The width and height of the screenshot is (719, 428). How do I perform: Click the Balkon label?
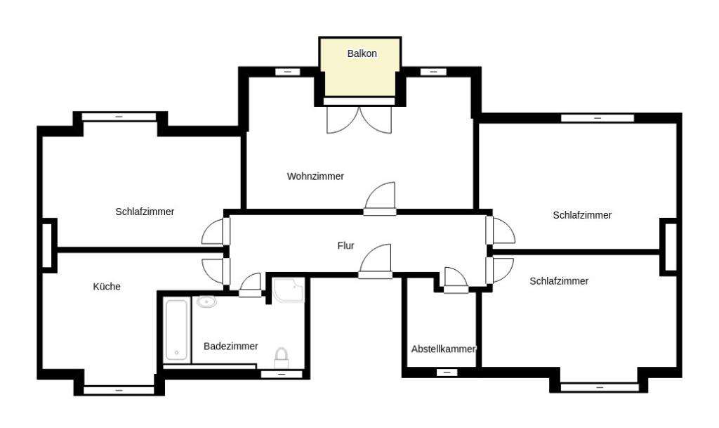coord(362,53)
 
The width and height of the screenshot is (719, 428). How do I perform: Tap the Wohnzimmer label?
coord(315,176)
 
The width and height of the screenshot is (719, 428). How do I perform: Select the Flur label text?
coord(345,246)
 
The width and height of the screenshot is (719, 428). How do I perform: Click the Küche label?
coord(107,287)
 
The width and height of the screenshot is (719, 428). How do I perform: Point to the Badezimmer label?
coord(230,346)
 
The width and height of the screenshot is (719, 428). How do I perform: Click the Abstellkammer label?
coord(443,349)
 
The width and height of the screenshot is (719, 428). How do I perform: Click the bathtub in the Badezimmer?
coord(176,330)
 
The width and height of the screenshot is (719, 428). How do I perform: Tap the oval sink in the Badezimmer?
coord(206,302)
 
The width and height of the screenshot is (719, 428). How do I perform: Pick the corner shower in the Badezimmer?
coord(289,290)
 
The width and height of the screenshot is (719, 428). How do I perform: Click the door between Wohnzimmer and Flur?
coord(381,198)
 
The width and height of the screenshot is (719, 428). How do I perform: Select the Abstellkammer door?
coord(456,279)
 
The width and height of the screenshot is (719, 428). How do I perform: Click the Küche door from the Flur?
coord(214,271)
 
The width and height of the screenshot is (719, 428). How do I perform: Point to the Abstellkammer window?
coord(447,372)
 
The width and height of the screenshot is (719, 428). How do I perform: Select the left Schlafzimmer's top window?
coord(119,116)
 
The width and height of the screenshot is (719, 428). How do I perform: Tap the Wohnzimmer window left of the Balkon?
coord(287,72)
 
